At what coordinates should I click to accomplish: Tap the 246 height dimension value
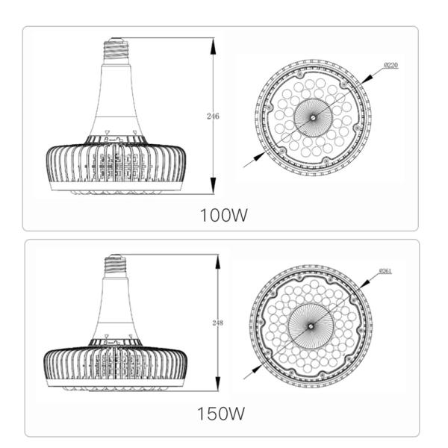pyautogui.click(x=214, y=116)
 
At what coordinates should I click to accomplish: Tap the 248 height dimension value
pyautogui.click(x=217, y=323)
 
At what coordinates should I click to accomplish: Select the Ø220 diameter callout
pyautogui.click(x=390, y=66)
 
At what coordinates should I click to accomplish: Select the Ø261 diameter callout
pyautogui.click(x=385, y=270)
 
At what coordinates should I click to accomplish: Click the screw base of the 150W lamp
pyautogui.click(x=115, y=266)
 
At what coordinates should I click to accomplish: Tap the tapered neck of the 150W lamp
pyautogui.click(x=115, y=314)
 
